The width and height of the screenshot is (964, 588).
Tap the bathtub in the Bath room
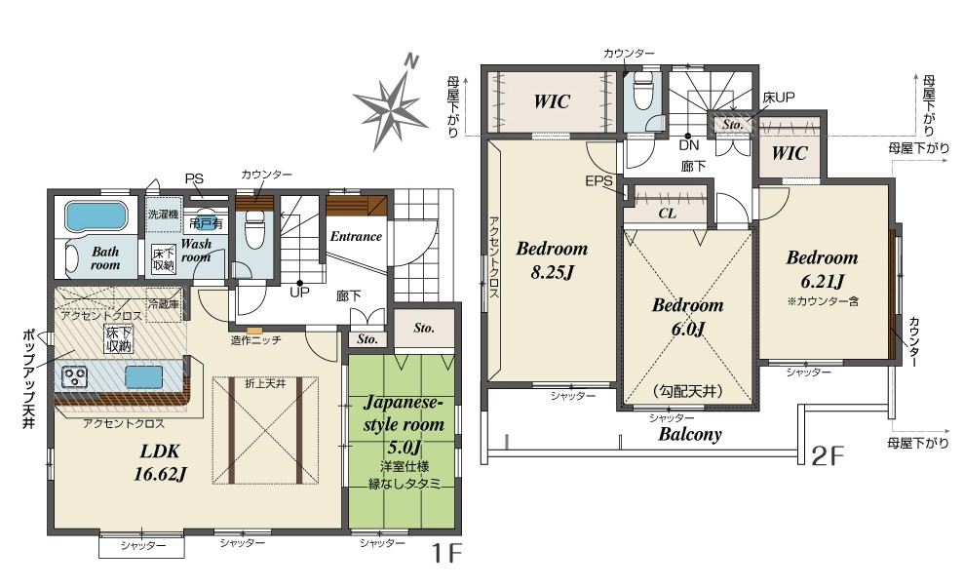pos(96,216)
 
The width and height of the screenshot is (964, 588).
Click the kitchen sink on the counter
pos(144,377)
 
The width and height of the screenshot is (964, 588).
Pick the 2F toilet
pos(643,93)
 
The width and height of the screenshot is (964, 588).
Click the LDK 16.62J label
pos(160,462)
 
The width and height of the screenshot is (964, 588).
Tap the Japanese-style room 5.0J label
pos(404,424)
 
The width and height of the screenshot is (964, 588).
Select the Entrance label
pos(356,236)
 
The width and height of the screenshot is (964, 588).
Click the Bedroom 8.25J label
pos(552,259)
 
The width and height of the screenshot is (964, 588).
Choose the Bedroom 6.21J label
pos(822,269)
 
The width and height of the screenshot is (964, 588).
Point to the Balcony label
pos(690,434)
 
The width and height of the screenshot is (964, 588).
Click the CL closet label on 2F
pos(667,214)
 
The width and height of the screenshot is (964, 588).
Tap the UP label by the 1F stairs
pos(299,293)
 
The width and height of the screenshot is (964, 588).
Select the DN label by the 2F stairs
pos(689,145)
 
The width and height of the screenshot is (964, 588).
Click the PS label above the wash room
pos(194,179)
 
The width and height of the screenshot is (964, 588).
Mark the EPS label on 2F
pos(598,180)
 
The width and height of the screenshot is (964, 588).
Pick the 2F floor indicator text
pos(829,455)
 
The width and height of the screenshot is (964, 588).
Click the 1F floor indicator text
pos(446,554)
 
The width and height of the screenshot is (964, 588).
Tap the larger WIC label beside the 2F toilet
pos(552,101)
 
